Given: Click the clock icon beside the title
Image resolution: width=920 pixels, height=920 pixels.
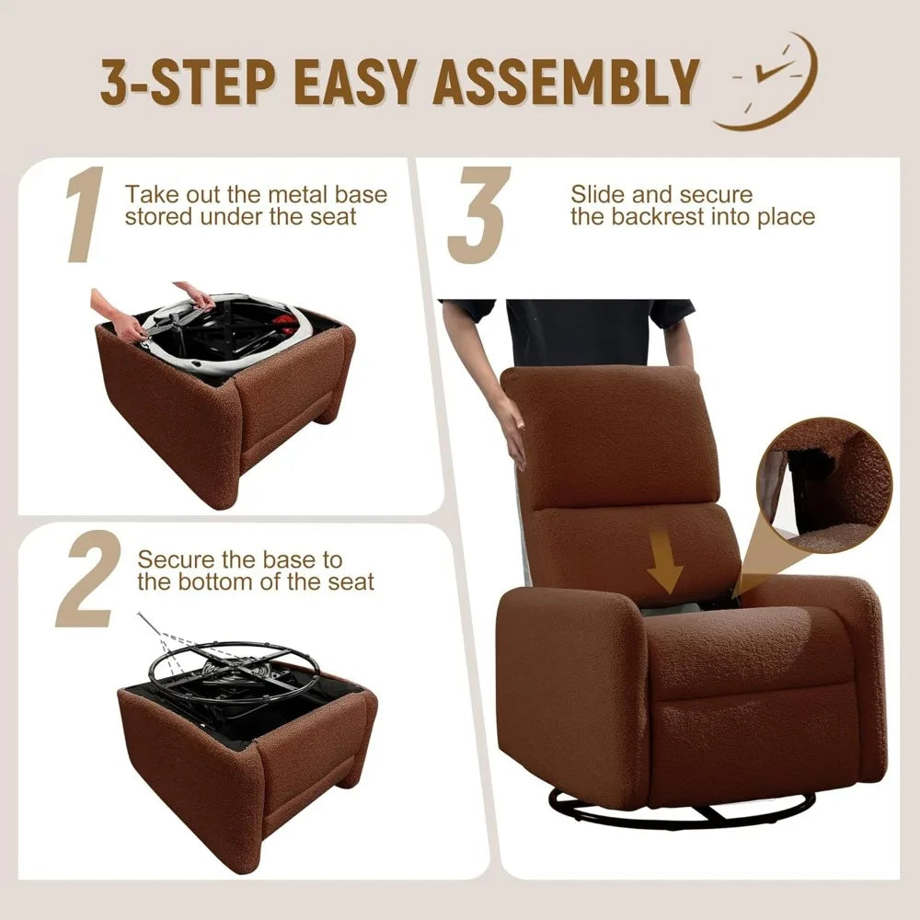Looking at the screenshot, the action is coord(767,81).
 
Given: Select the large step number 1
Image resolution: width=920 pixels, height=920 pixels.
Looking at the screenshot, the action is coord(84,213).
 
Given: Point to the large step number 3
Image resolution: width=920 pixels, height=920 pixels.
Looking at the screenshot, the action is coord(478,214).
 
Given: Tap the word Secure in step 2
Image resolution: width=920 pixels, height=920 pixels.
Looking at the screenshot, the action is coord(175,559).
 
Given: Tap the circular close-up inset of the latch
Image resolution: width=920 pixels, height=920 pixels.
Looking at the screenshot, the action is coord(823,485).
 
